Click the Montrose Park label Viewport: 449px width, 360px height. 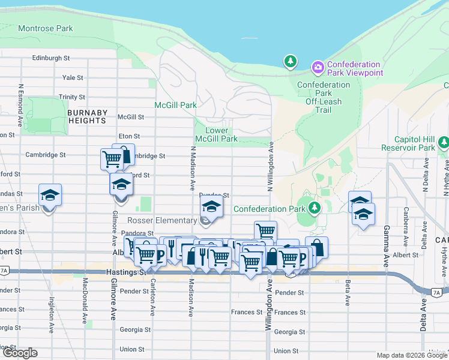[46, 28]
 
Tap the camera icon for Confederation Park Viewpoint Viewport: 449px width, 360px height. [318, 66]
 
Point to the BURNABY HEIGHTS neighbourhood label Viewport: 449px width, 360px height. [88, 116]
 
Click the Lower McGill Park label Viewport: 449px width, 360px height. [217, 134]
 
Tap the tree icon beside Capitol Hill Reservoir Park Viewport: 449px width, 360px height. [444, 142]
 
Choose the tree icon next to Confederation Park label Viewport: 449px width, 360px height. [314, 208]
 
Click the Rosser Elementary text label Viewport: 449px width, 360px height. [162, 220]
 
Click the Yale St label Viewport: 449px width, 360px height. [73, 77]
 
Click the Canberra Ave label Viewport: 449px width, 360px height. [406, 227]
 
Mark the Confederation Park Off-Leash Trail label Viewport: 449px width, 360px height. [323, 97]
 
